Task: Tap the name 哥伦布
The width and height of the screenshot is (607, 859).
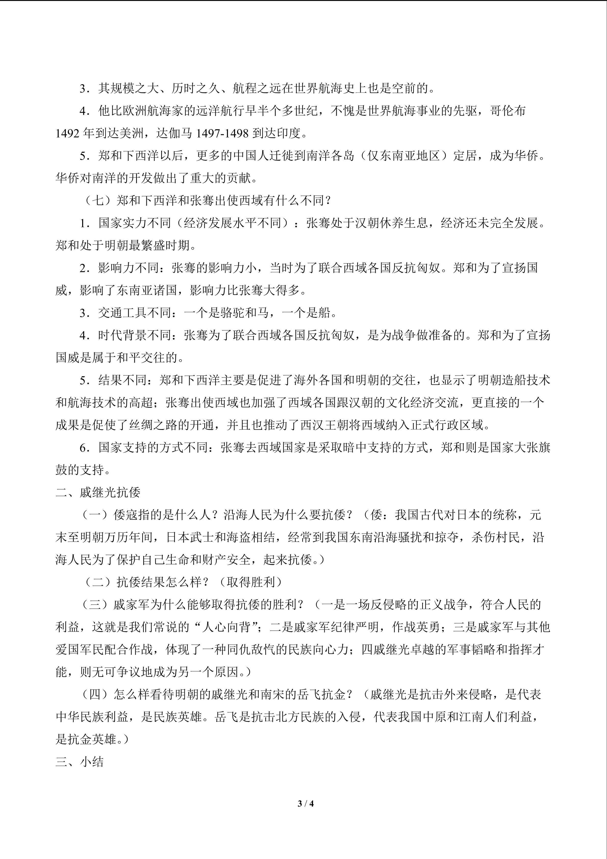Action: click(508, 111)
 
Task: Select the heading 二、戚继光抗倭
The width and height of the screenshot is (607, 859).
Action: click(98, 492)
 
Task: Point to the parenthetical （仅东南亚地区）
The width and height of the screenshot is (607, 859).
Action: click(404, 156)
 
